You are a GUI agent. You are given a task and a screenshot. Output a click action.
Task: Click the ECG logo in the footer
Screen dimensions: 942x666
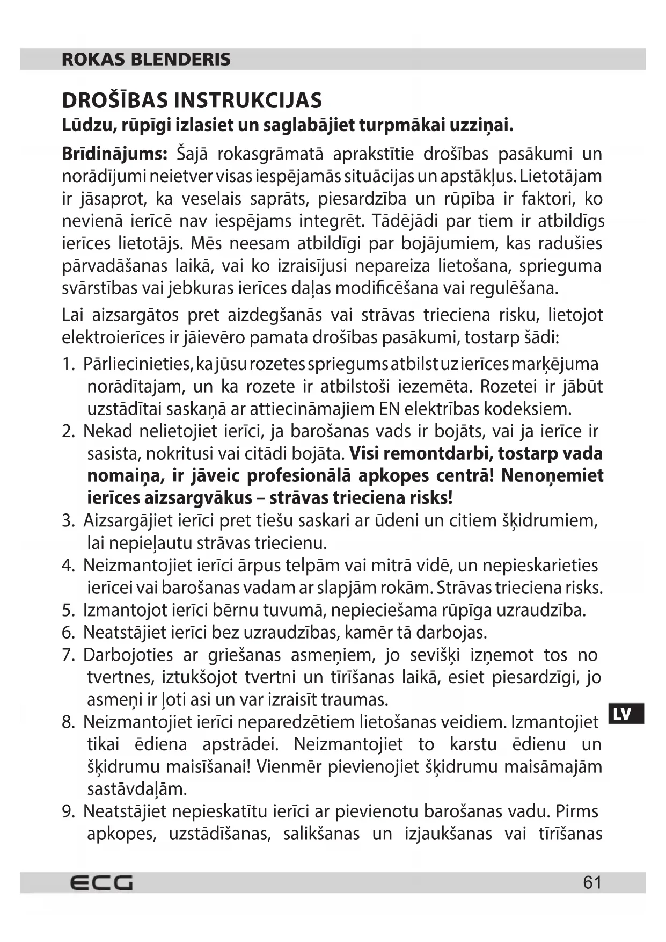101,882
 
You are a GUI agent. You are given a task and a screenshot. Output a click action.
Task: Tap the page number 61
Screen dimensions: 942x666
592,882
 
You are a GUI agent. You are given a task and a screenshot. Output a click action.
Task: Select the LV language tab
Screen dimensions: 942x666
626,714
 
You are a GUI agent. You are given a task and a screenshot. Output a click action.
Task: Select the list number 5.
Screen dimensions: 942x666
68,610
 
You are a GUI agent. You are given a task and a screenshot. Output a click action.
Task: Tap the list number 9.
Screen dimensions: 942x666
68,811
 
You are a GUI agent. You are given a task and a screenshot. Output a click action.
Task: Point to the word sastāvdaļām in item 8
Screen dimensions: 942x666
137,789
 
